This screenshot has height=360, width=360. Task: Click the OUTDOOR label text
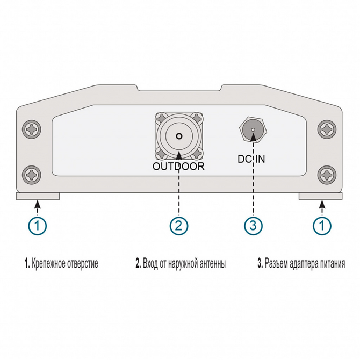(x=178, y=166)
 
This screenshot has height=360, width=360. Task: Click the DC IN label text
(x=251, y=159)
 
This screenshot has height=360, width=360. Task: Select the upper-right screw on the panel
(x=326, y=129)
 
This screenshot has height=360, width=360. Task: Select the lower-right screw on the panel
(x=326, y=174)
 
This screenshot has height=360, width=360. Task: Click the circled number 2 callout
(x=179, y=225)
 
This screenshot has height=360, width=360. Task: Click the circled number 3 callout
(x=253, y=225)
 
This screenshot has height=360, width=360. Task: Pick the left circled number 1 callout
(x=37, y=225)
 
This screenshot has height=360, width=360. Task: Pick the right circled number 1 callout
(x=322, y=225)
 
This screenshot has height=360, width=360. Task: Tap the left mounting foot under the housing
(x=37, y=196)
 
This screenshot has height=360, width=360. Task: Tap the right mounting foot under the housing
(x=321, y=196)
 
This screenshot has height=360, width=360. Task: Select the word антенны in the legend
(x=210, y=264)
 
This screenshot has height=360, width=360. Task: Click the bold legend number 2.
(x=138, y=264)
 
